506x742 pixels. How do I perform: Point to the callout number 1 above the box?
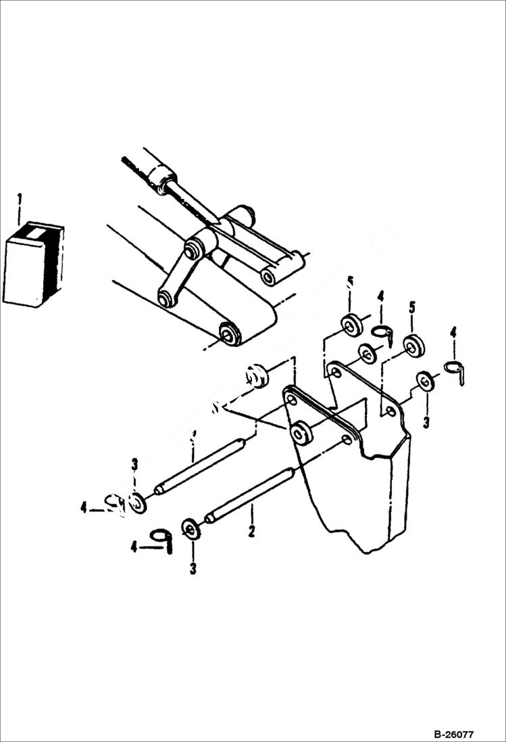(x=20, y=200)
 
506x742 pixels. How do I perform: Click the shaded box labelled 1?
(x=32, y=264)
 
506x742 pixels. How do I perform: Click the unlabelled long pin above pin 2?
(x=199, y=465)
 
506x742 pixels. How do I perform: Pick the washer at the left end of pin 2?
(x=192, y=528)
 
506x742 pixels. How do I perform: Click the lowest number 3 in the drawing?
(x=193, y=569)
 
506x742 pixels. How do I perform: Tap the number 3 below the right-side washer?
(x=426, y=422)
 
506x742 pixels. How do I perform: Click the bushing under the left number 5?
(x=351, y=325)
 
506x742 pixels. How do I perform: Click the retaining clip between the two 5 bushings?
(x=383, y=333)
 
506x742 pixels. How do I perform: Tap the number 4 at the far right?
(x=453, y=332)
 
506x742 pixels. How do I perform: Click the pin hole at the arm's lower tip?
(x=230, y=333)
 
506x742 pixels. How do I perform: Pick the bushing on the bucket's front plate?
(x=301, y=432)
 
